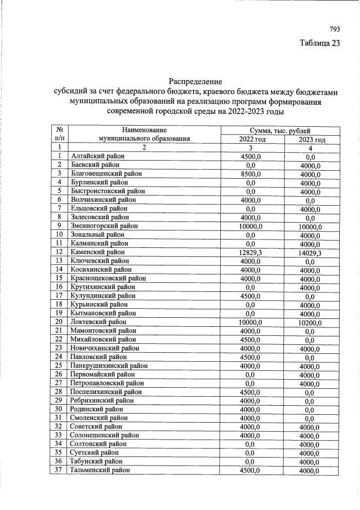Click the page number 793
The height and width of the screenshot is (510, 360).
335,29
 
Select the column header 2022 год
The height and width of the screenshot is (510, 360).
251,139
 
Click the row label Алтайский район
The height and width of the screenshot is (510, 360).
97,157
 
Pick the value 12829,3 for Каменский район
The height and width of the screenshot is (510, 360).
251,252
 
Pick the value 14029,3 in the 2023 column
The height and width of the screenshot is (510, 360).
310,253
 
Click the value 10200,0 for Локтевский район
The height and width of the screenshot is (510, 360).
310,323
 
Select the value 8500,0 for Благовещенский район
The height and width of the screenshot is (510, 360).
251,174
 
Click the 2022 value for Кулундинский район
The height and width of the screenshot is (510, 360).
251,296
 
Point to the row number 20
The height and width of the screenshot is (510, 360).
59,322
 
